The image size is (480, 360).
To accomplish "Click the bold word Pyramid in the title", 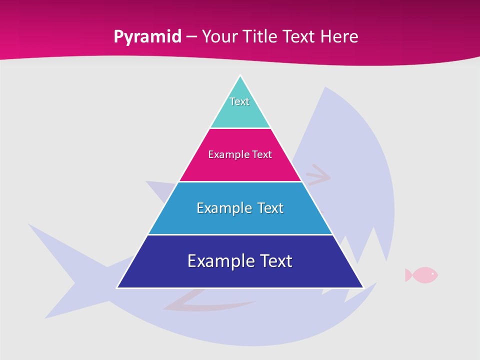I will [147, 37].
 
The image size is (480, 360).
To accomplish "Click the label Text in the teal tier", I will [239, 101].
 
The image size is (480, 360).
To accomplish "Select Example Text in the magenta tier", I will [240, 154].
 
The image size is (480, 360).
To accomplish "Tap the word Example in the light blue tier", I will [218, 208].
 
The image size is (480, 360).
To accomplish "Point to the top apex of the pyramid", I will [240, 76].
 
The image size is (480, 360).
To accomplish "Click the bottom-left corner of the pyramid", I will [118, 287].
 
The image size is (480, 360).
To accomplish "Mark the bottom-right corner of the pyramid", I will [362, 287].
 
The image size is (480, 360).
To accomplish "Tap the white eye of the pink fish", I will [432, 273].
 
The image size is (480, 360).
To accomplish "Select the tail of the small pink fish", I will [408, 274].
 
